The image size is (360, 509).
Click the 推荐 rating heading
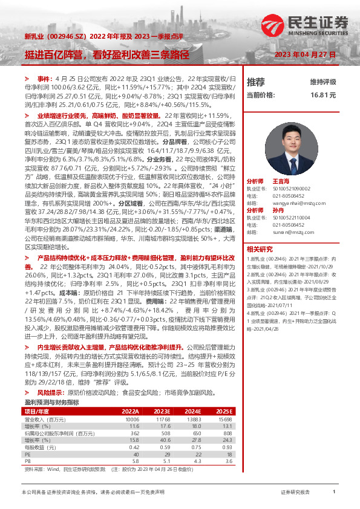click(256, 82)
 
